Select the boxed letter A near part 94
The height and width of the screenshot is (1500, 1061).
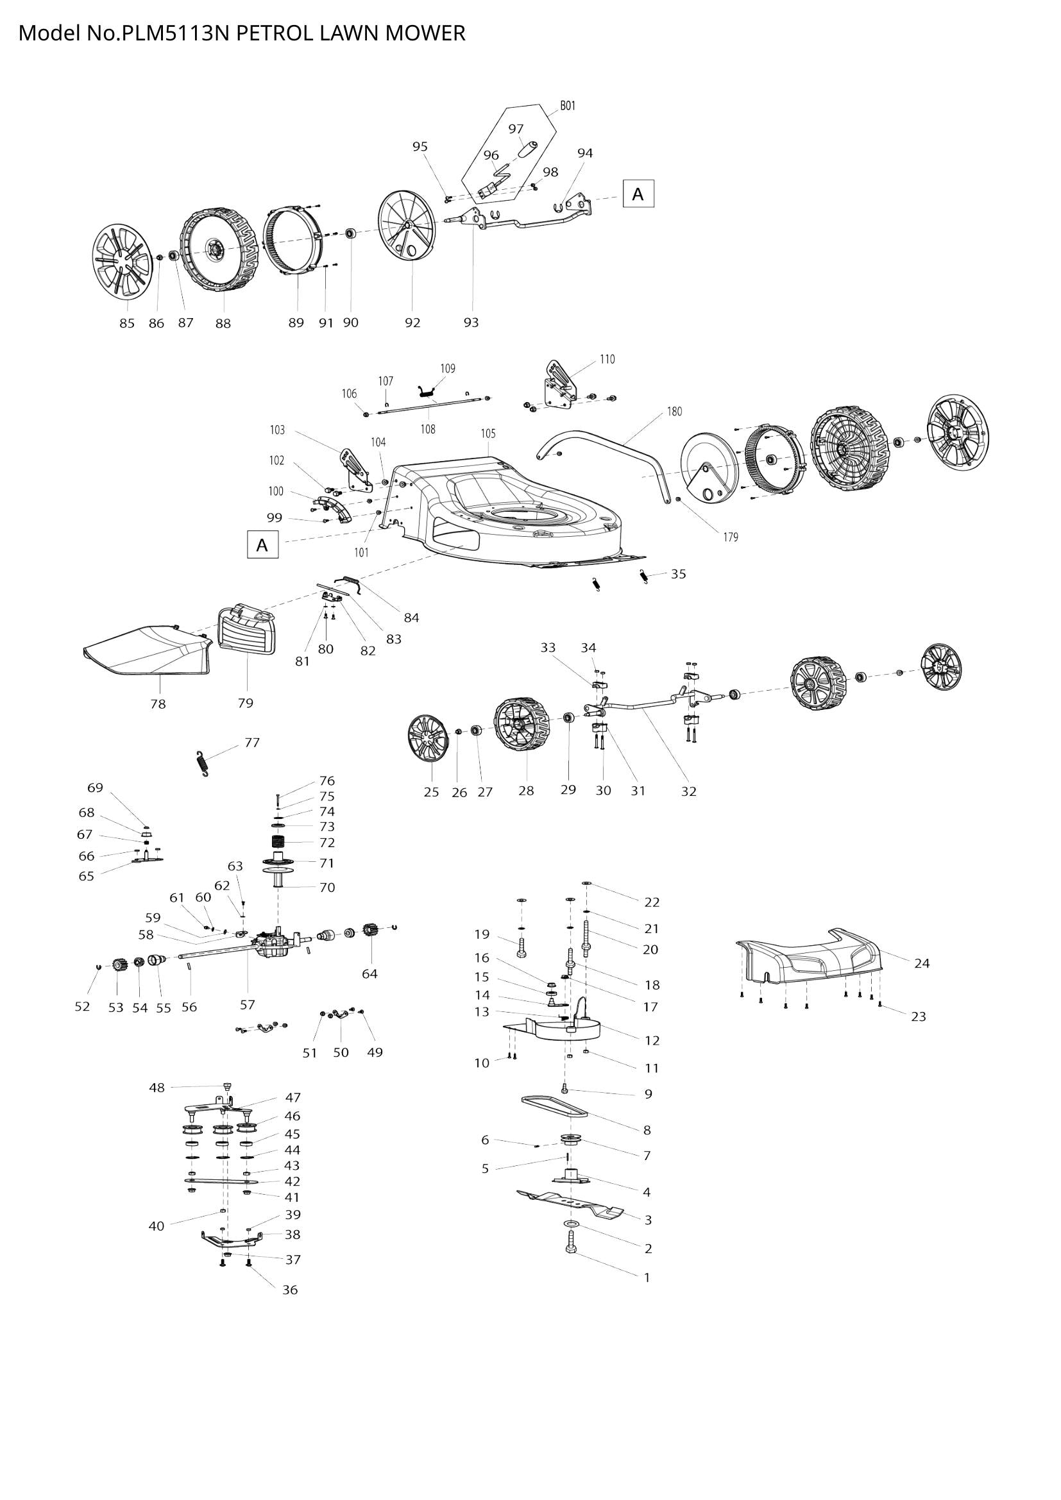(x=638, y=194)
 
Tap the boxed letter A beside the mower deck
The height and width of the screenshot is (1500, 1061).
(x=262, y=544)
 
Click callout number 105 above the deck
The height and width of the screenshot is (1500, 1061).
(x=488, y=434)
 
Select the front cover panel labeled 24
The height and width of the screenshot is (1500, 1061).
(x=810, y=960)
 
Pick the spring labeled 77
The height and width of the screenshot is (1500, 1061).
(x=204, y=764)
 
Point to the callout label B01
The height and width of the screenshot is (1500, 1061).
(x=568, y=106)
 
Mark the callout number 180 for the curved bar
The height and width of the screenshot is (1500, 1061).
(x=674, y=412)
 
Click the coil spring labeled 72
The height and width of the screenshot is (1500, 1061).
(x=280, y=843)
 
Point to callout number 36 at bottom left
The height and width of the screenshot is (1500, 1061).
(x=290, y=1290)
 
